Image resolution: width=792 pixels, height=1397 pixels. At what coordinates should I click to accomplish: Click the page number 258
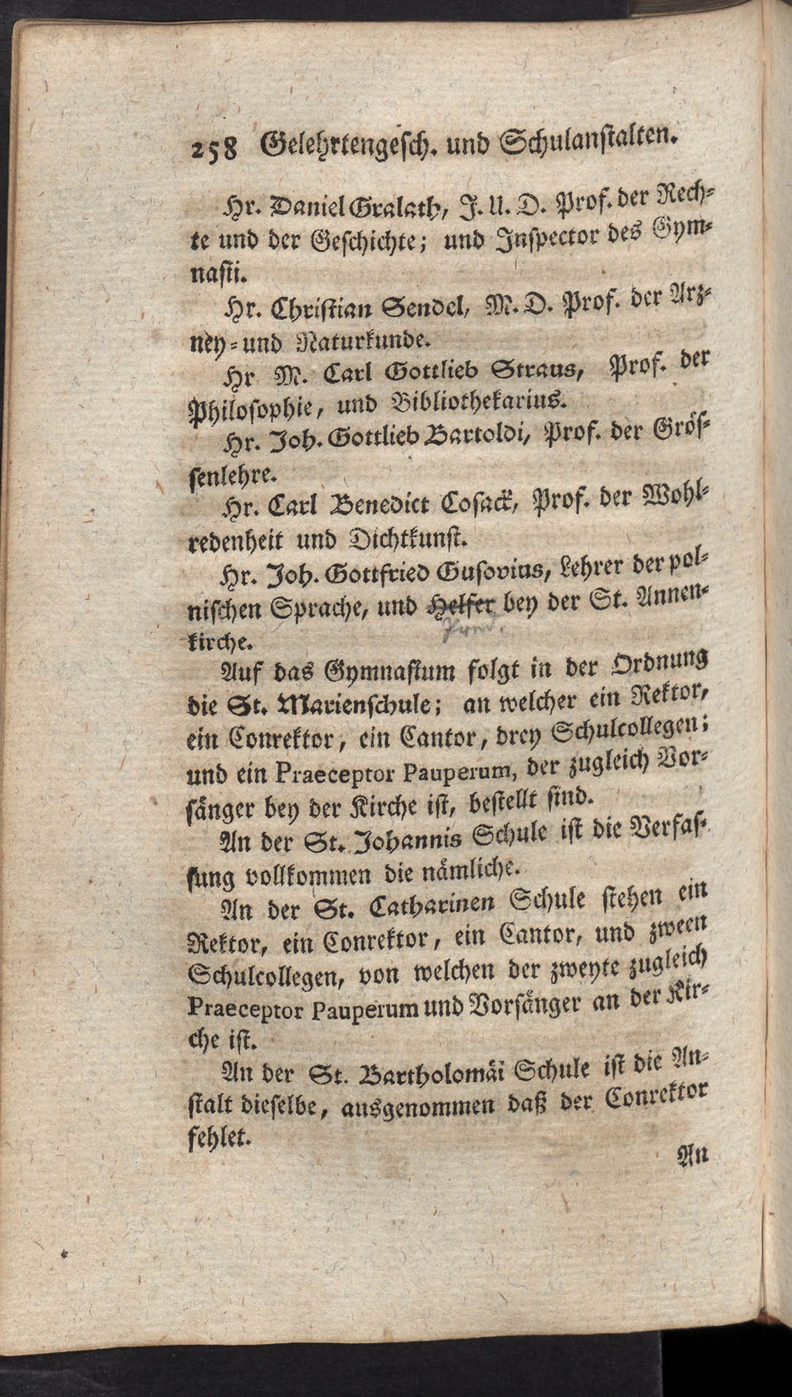coord(211,148)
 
